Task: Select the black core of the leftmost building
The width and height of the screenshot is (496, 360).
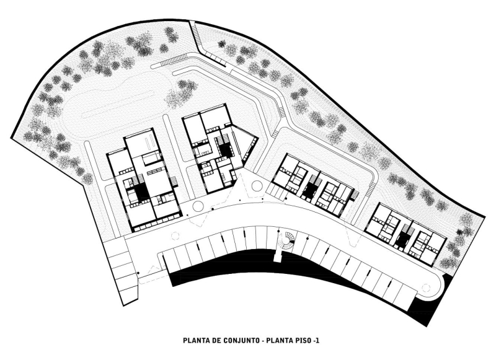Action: [141, 193]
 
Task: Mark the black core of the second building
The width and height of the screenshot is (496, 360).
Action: [224, 149]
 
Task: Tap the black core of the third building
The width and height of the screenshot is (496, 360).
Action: [308, 190]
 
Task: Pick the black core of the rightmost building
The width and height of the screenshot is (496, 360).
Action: [404, 240]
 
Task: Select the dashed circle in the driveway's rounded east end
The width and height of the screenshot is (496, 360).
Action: [425, 286]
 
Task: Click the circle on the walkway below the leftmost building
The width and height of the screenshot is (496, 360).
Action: [197, 206]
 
